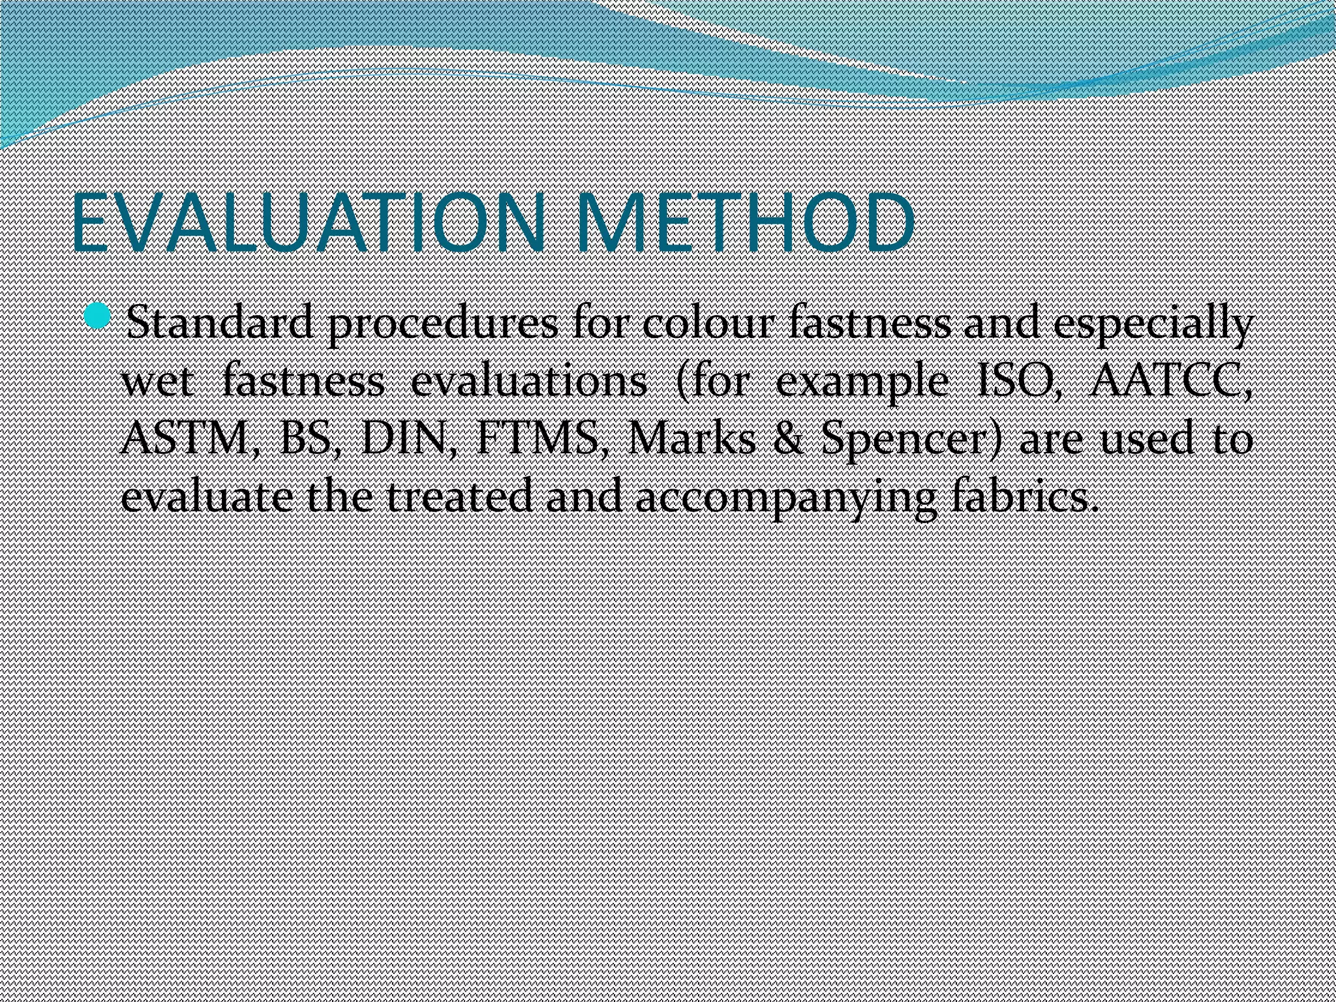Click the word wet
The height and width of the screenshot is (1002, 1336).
click(x=157, y=382)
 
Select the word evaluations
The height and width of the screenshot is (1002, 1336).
click(x=528, y=382)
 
